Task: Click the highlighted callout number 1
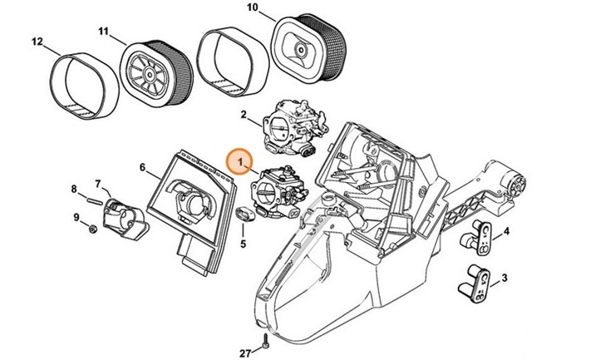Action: (239, 157)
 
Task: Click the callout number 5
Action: (244, 244)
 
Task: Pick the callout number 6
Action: (142, 167)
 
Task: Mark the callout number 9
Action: (76, 218)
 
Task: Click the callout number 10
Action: (253, 10)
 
